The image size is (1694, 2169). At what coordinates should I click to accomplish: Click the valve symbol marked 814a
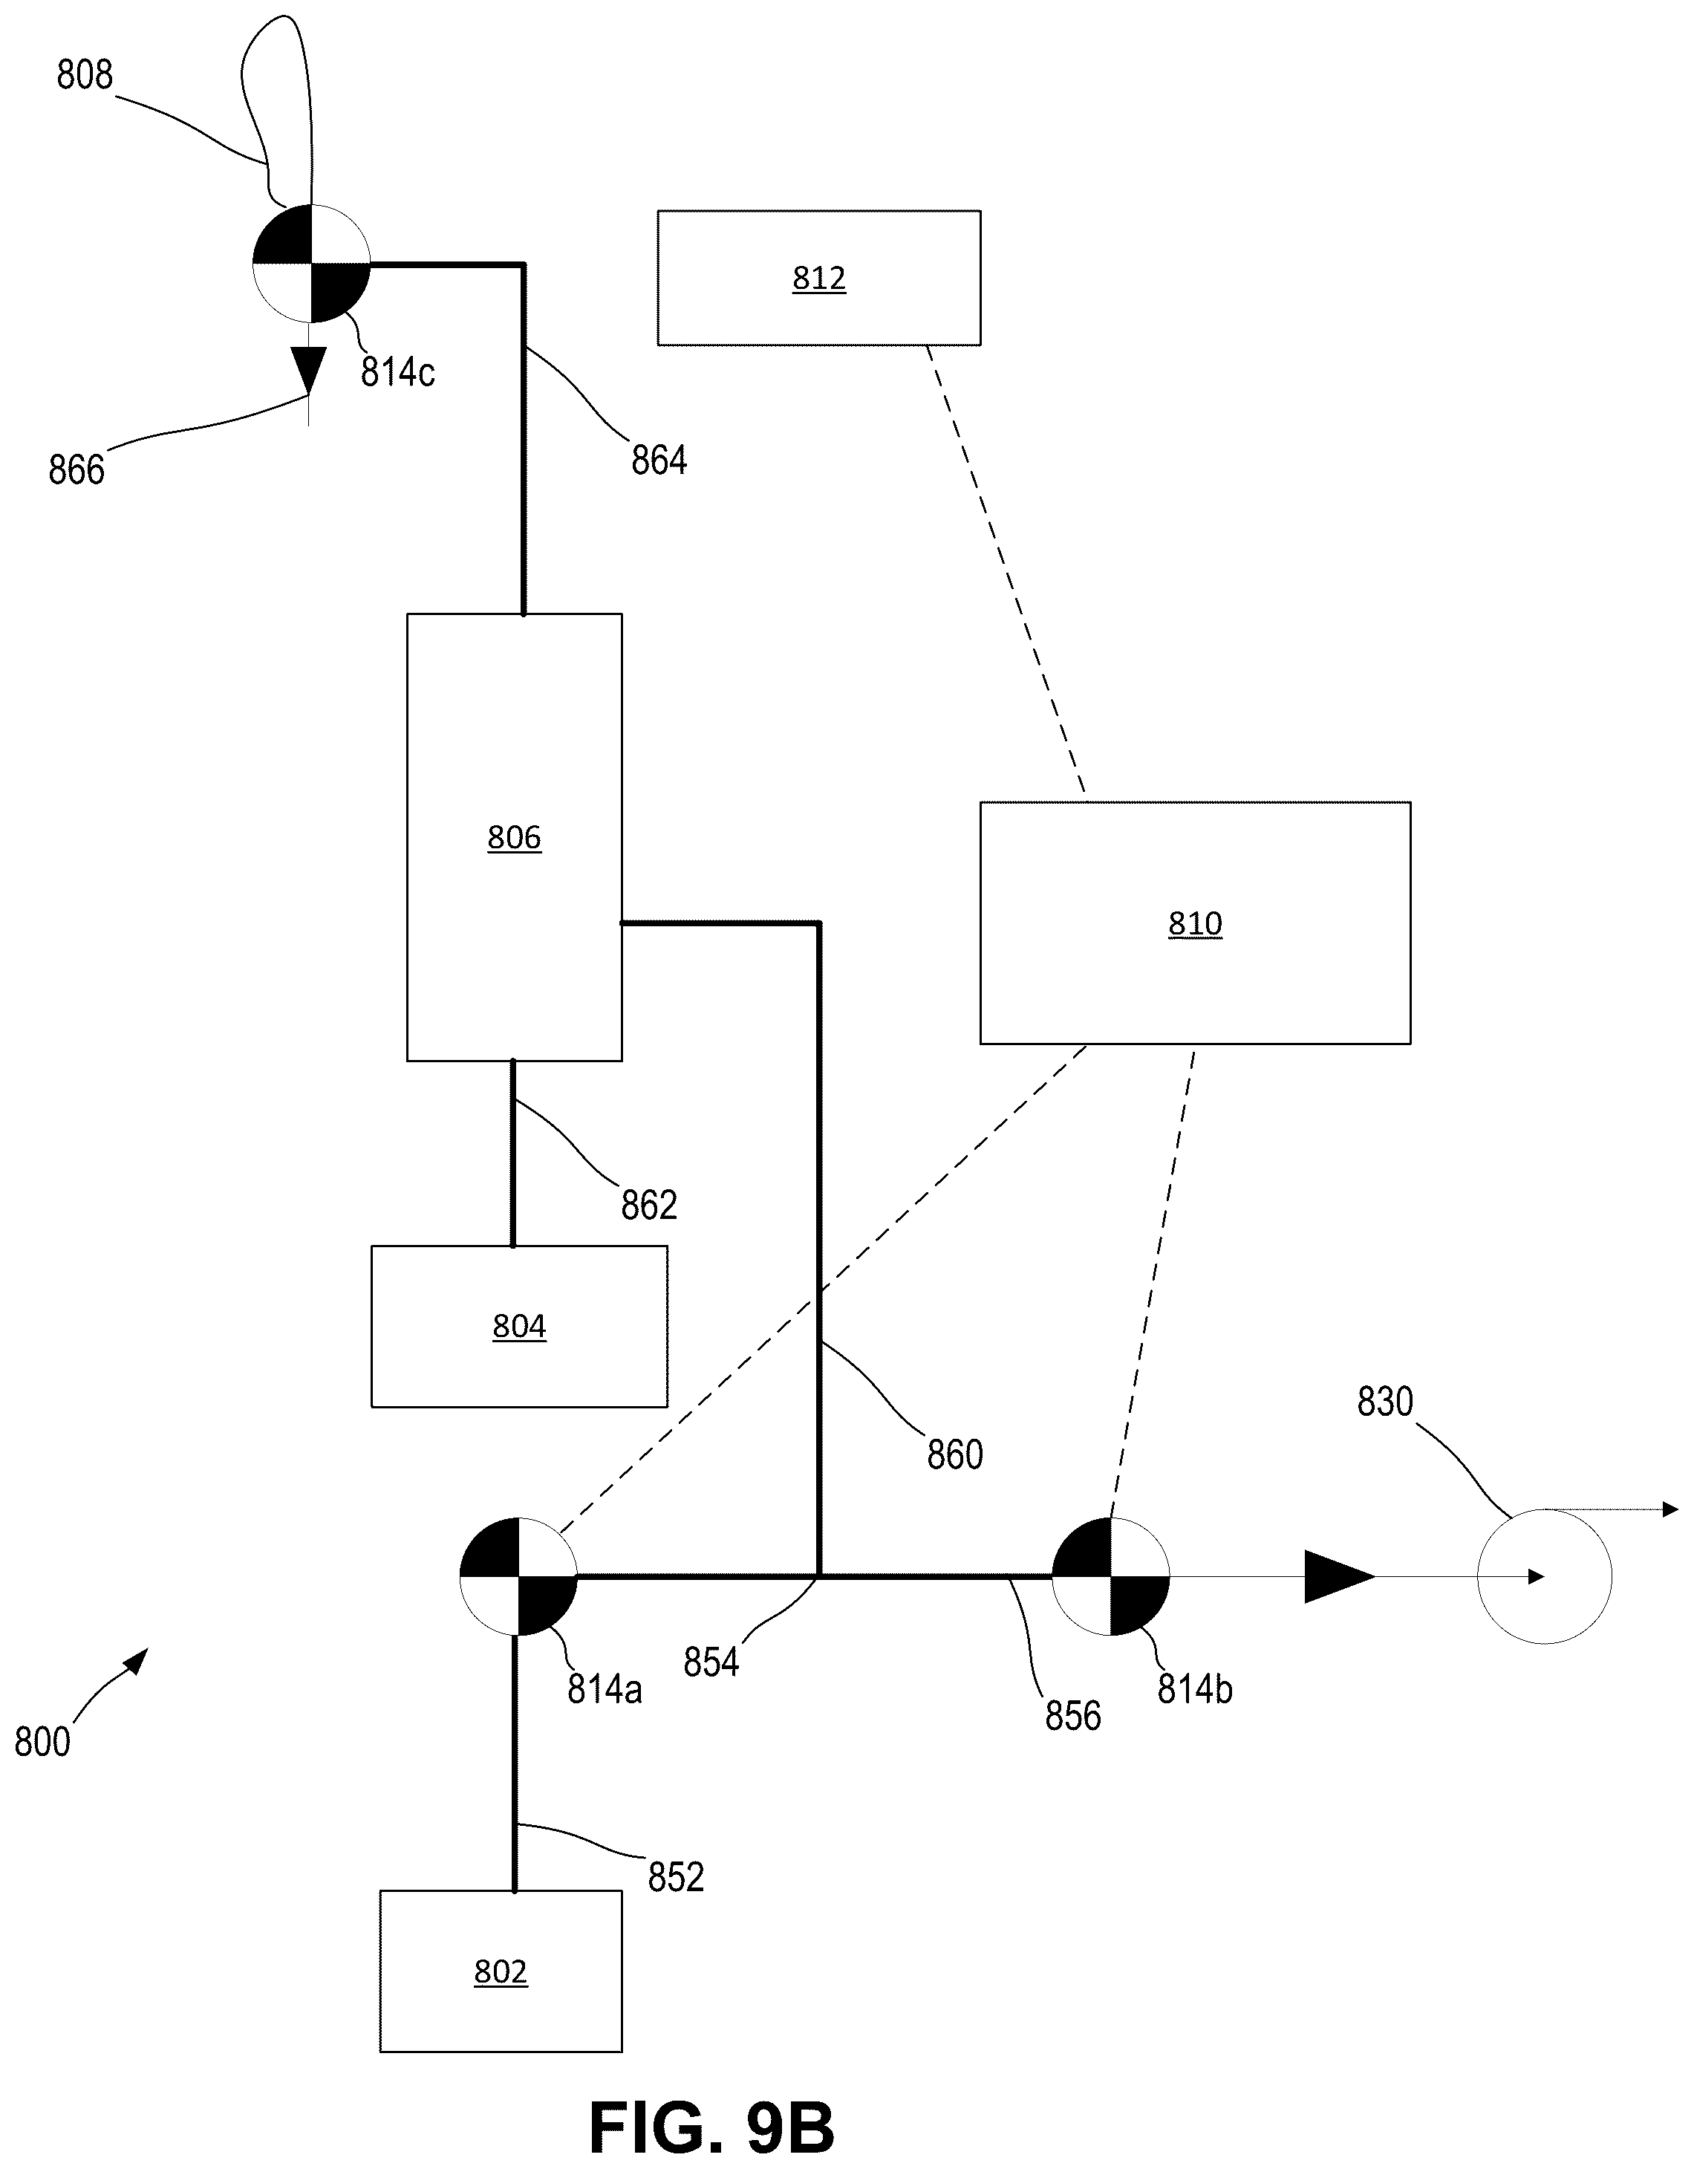point(518,1576)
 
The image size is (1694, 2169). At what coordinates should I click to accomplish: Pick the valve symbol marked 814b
point(1111,1576)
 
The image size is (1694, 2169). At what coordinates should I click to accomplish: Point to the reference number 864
point(659,460)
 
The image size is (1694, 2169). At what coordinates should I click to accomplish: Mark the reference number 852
point(677,1877)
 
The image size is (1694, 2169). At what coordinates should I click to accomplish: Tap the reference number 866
point(76,469)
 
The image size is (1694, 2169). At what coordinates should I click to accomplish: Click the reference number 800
point(42,1743)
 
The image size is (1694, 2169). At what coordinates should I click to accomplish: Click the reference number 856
point(1073,1715)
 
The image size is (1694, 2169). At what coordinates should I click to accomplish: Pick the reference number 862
point(649,1205)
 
